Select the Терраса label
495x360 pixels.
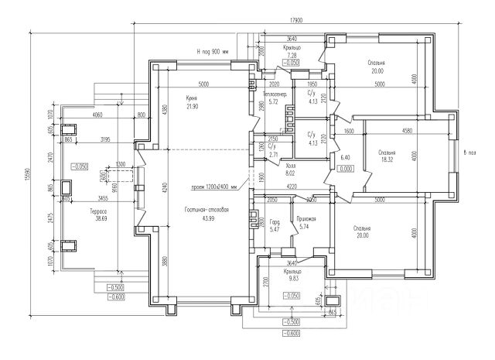point(97,211)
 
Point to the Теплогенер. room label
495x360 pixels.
point(275,94)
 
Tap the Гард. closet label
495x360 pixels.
point(275,219)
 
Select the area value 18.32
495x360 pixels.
point(387,160)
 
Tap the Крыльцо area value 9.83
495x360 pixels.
point(292,278)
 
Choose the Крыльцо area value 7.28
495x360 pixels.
point(292,56)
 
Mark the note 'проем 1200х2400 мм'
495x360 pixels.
point(215,187)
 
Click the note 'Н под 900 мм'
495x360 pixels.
point(213,53)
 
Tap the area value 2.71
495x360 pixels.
point(271,154)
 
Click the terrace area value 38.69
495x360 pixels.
point(97,219)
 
